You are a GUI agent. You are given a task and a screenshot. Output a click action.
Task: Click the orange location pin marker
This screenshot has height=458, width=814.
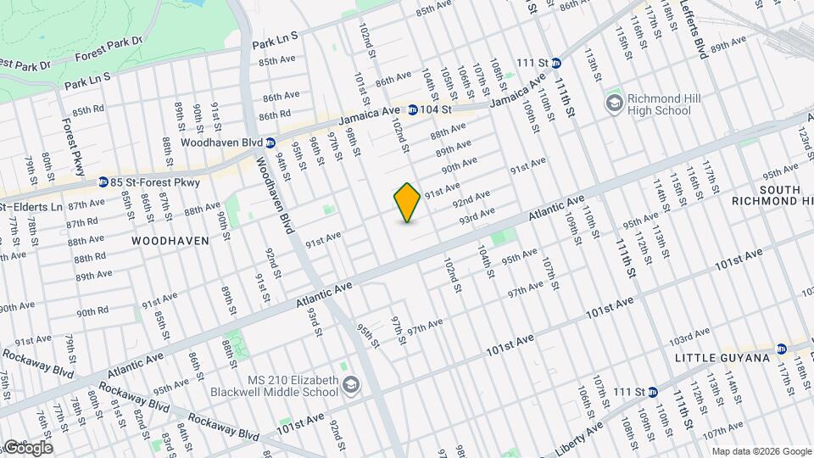point(407,203)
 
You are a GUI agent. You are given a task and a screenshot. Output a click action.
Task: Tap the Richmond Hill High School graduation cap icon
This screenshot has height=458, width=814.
point(613,103)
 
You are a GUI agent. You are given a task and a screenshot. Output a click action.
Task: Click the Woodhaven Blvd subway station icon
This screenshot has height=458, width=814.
point(270,142)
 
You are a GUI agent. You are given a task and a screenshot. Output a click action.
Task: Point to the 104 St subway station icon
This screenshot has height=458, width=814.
point(412,109)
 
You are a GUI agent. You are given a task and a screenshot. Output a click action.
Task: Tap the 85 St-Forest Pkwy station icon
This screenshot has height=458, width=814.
point(103,182)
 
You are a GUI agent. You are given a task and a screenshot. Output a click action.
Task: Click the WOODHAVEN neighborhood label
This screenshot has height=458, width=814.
point(170,241)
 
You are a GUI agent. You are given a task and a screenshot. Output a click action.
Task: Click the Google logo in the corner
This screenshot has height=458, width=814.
point(27,447)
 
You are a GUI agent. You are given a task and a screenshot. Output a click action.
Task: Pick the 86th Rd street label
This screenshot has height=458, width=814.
point(275,114)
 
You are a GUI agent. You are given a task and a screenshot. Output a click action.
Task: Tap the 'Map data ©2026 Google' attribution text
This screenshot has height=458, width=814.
point(761,451)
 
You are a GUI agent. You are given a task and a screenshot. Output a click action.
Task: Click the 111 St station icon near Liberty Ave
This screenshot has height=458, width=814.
point(652,391)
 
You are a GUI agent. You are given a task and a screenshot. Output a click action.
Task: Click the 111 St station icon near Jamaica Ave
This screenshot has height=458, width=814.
point(555,63)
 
